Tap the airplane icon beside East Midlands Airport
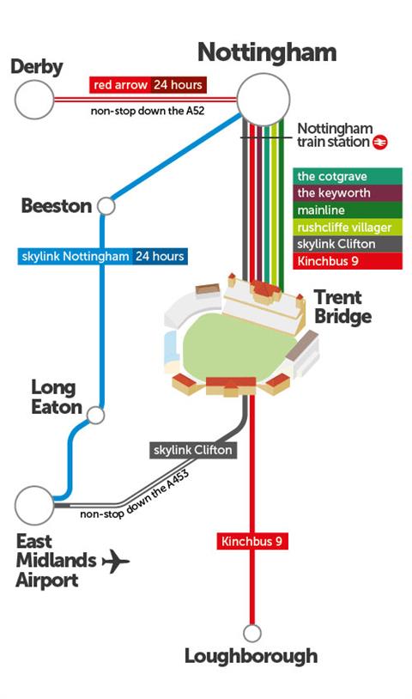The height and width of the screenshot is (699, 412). tap(116, 561)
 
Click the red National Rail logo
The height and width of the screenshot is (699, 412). tap(380, 143)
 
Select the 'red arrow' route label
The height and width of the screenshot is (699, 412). tap(120, 85)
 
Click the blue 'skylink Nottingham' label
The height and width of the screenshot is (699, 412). tap(75, 257)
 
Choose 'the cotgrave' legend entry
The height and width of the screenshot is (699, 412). tap(348, 176)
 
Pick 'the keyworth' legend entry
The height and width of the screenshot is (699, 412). tap(348, 193)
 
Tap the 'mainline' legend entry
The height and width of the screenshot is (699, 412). tap(348, 210)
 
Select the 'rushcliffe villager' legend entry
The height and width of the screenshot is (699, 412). tap(348, 227)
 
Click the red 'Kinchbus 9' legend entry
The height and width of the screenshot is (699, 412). tap(348, 261)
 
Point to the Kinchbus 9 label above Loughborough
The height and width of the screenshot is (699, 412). tap(252, 541)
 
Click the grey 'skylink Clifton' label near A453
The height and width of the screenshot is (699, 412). tap(193, 450)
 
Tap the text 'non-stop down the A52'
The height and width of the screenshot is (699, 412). tap(148, 111)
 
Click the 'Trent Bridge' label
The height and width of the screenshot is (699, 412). tap(342, 307)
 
